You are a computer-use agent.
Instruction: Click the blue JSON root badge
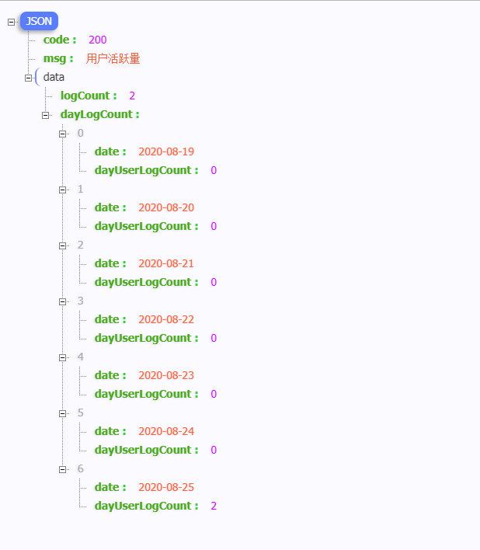[39, 21]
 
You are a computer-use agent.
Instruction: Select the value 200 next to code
[97, 40]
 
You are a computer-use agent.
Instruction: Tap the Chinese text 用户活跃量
[113, 58]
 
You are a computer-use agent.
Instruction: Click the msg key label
[58, 58]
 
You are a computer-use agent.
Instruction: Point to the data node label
[54, 77]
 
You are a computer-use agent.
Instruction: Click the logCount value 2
[132, 96]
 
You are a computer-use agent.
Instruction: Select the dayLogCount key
[99, 114]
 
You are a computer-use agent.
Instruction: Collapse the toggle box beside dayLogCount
[45, 115]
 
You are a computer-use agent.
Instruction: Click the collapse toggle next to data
[28, 78]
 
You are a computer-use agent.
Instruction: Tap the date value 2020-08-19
[166, 151]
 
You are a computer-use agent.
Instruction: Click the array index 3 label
[80, 301]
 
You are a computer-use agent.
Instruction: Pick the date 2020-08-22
[166, 319]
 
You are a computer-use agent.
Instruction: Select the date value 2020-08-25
[166, 487]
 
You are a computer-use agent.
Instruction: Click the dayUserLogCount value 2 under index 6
[214, 506]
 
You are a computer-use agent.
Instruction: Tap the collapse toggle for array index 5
[62, 413]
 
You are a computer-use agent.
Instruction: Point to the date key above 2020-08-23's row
[110, 375]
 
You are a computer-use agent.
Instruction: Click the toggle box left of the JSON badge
[11, 22]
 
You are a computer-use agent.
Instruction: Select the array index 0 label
[80, 133]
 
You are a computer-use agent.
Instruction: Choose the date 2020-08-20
[166, 207]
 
